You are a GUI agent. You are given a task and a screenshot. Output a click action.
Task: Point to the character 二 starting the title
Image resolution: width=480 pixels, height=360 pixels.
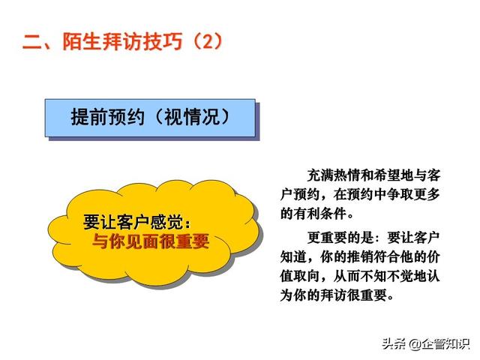[32, 42]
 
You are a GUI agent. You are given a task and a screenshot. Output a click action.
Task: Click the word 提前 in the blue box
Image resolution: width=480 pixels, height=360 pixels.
[89, 117]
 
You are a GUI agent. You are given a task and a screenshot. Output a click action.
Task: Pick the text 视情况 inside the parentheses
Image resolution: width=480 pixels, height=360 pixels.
[192, 117]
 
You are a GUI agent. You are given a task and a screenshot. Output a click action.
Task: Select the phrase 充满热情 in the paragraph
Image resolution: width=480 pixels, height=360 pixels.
[334, 175]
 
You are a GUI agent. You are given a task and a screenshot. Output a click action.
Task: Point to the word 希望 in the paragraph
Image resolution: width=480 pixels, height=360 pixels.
[387, 175]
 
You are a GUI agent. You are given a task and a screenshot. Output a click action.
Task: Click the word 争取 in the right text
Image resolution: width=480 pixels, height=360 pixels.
[400, 194]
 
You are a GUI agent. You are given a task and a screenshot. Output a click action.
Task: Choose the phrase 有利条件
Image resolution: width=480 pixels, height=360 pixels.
[320, 213]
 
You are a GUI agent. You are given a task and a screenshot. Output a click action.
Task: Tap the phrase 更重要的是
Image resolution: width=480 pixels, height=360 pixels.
[340, 238]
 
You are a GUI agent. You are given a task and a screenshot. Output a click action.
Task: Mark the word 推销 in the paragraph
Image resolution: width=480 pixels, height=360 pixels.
[360, 257]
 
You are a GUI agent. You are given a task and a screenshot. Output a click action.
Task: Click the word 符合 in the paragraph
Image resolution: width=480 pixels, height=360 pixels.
[387, 257]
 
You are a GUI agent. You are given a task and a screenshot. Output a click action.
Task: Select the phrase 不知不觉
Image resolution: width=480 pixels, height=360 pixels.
[387, 276]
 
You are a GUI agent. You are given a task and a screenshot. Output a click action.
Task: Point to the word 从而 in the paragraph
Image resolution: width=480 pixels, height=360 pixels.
[346, 276]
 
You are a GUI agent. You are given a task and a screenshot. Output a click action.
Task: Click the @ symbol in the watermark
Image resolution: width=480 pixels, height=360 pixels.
[415, 344]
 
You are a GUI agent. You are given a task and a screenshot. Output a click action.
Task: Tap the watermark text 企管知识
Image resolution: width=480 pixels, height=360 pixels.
[445, 343]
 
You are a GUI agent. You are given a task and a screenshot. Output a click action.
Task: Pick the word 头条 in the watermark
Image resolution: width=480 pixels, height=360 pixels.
[395, 343]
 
